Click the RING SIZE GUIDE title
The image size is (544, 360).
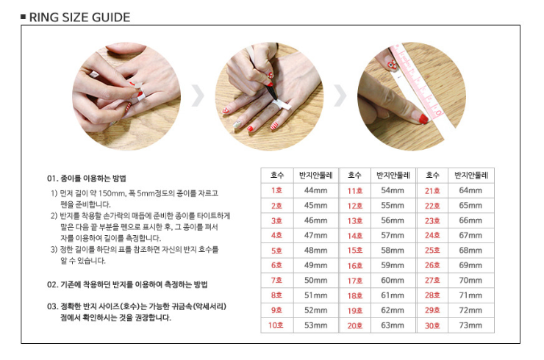tap(79, 17)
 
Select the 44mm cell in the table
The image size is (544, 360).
tap(315, 190)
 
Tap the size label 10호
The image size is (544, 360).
tap(276, 325)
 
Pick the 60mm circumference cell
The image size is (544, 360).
tap(393, 280)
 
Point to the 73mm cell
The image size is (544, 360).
tap(470, 325)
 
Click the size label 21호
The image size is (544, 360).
tap(432, 190)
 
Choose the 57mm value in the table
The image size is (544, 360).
tap(393, 236)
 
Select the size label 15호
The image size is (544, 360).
tap(355, 251)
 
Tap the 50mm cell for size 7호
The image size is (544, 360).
tap(315, 280)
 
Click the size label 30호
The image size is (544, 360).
tap(432, 325)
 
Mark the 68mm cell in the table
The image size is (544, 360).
tap(470, 251)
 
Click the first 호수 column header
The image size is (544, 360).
tap(277, 175)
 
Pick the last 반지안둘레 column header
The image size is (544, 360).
tap(471, 175)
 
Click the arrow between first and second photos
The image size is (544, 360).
tap(198, 95)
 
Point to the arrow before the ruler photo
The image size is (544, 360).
tap(340, 95)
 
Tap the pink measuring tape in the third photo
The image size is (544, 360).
tap(416, 82)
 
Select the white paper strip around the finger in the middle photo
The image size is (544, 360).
tap(282, 106)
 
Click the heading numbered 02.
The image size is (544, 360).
tap(127, 285)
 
